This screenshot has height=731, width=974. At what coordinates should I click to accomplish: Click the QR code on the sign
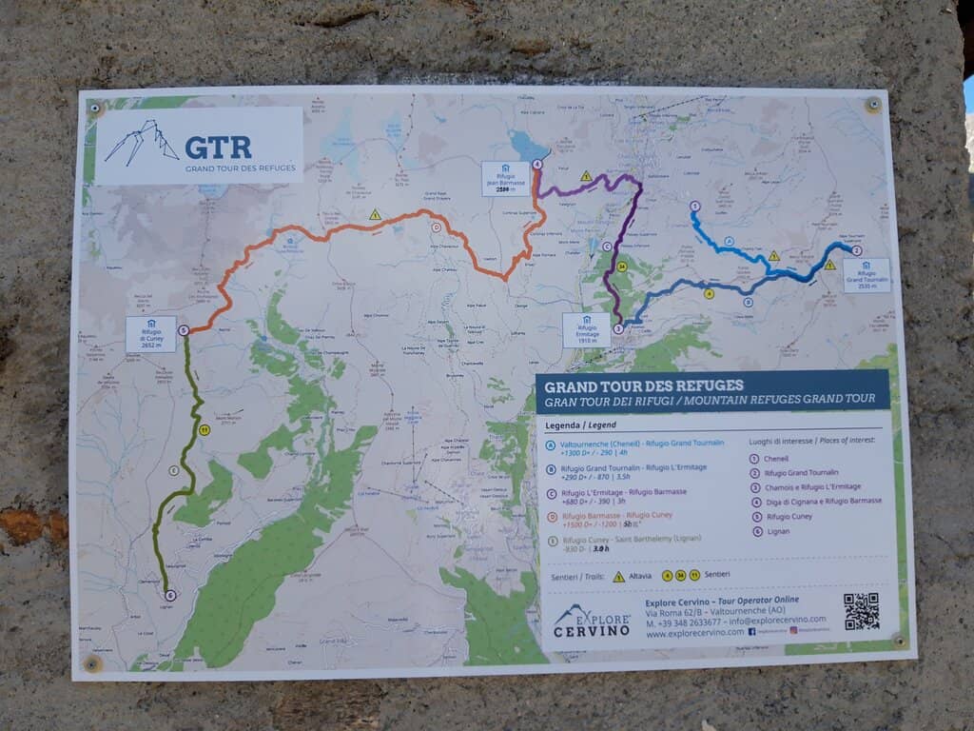tap(861, 611)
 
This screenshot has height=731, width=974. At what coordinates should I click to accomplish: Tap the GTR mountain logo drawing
tap(142, 143)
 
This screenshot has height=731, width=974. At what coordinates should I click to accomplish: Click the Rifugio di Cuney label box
tap(150, 334)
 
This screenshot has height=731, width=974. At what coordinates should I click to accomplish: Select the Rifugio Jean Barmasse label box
tap(505, 178)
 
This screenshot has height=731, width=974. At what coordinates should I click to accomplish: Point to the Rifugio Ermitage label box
tap(586, 329)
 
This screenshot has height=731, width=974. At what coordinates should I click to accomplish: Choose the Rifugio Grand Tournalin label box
tap(866, 274)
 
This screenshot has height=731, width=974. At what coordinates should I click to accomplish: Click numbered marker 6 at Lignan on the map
tap(170, 596)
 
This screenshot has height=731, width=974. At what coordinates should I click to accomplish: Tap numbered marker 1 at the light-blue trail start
tap(694, 206)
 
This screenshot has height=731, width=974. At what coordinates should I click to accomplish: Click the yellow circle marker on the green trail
tap(204, 430)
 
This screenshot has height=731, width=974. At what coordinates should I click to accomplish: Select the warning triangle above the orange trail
tap(375, 215)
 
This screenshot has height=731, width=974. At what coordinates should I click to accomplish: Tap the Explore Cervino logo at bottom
tap(592, 621)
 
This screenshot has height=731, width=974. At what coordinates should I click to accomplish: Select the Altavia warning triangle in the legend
tap(618, 577)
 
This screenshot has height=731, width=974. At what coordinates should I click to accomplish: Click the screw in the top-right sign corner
tap(872, 105)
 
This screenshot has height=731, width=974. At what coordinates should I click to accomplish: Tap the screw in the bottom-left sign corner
tap(92, 662)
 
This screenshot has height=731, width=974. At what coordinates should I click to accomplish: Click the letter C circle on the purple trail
tap(607, 247)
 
